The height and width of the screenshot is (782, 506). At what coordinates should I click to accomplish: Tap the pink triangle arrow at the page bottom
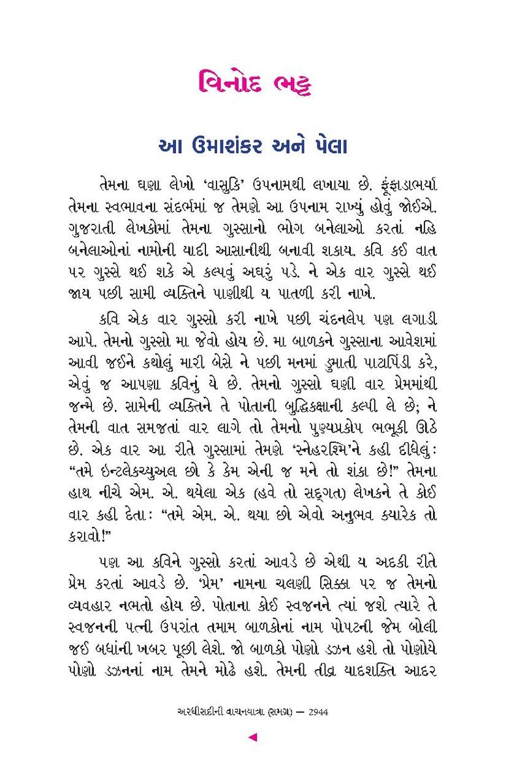253,737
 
